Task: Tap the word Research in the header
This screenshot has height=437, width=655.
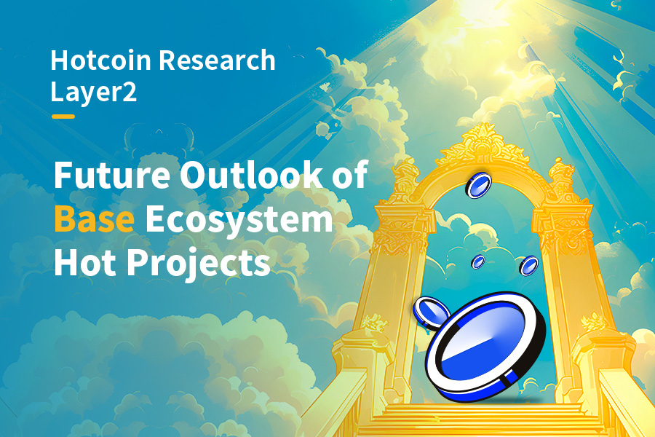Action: [x=217, y=60]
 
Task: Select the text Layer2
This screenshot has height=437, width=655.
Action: [x=94, y=92]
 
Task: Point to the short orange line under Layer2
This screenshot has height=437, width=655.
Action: [x=63, y=117]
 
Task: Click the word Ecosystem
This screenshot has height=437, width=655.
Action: [x=239, y=221]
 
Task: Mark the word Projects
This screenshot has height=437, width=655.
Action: [x=199, y=264]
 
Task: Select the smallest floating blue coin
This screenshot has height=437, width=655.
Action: [x=478, y=261]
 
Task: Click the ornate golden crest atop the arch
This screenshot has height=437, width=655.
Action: [x=483, y=145]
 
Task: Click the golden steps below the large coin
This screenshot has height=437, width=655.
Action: [x=480, y=420]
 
